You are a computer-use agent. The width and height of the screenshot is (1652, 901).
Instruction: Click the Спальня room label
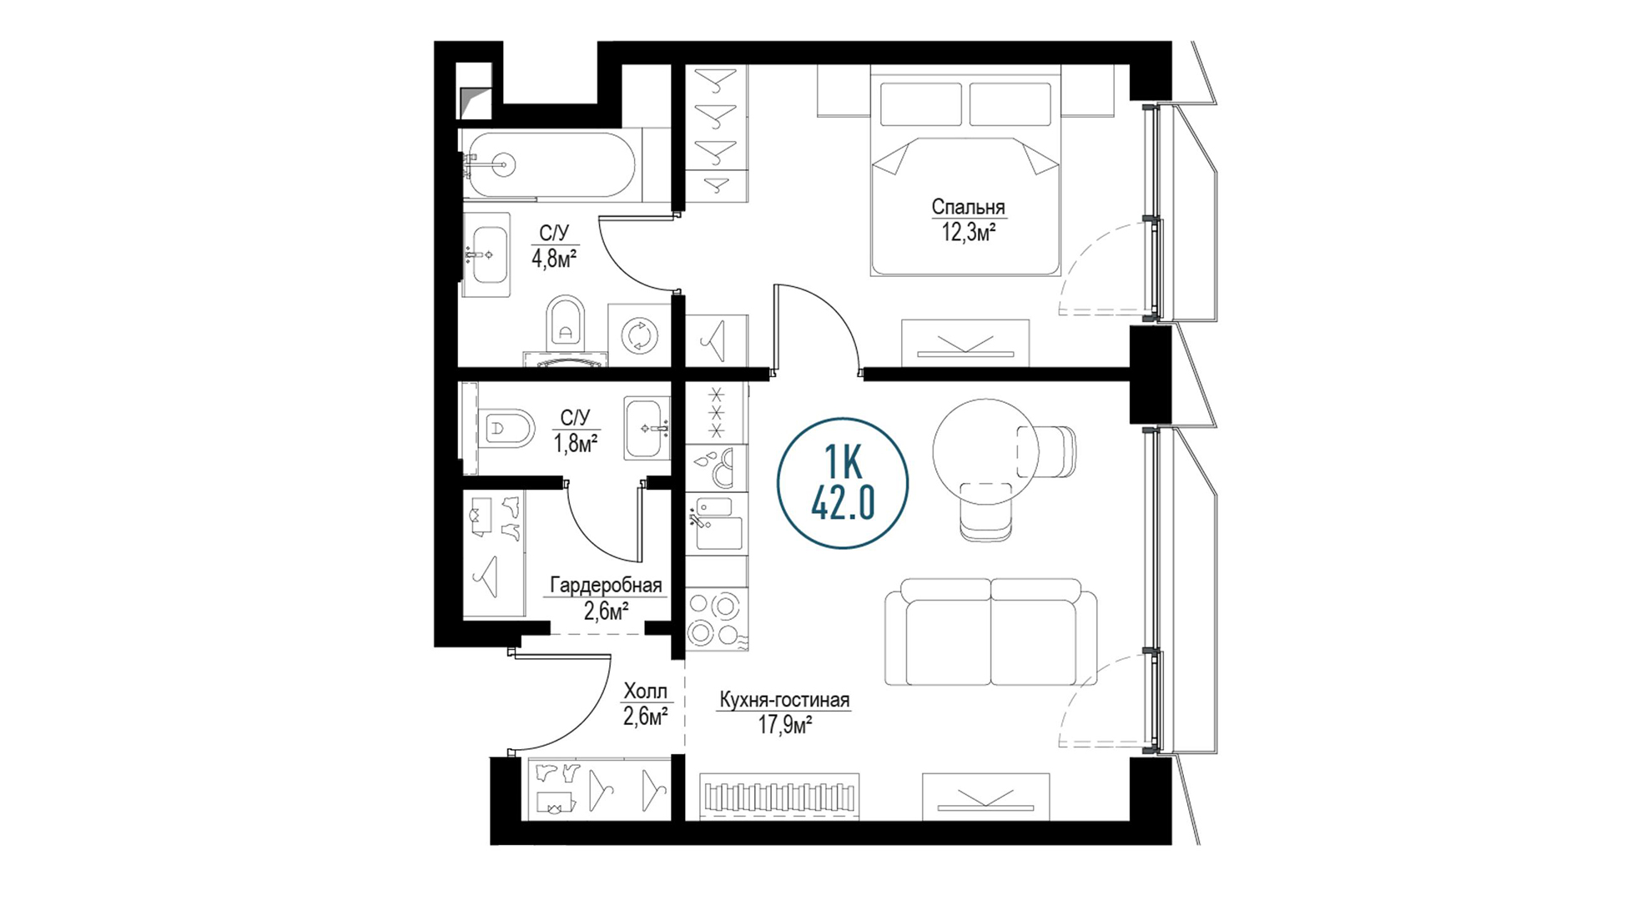point(968,206)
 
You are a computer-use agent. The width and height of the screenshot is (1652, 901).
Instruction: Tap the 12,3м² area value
point(969,232)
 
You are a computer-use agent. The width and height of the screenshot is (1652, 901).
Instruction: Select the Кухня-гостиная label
point(783,700)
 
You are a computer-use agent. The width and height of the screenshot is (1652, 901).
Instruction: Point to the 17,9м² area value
point(784,725)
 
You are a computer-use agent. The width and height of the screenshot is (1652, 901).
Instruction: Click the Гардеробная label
point(606,586)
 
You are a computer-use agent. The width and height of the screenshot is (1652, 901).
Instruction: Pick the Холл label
point(646,691)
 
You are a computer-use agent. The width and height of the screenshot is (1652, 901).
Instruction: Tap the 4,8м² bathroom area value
point(555,258)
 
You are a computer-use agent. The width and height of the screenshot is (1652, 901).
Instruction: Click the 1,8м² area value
point(576,443)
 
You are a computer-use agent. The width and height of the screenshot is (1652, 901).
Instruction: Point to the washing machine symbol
point(640,335)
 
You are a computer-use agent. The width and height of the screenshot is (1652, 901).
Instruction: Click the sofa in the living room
point(991,632)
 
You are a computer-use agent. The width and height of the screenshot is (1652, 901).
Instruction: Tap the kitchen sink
point(716,524)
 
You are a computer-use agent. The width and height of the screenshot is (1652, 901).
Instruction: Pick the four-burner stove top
point(716,618)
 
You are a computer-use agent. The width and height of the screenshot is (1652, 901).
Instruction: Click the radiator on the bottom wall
point(781,796)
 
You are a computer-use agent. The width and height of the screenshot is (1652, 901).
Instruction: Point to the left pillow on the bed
point(921,103)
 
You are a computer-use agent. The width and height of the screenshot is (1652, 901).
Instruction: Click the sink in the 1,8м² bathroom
point(647,428)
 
